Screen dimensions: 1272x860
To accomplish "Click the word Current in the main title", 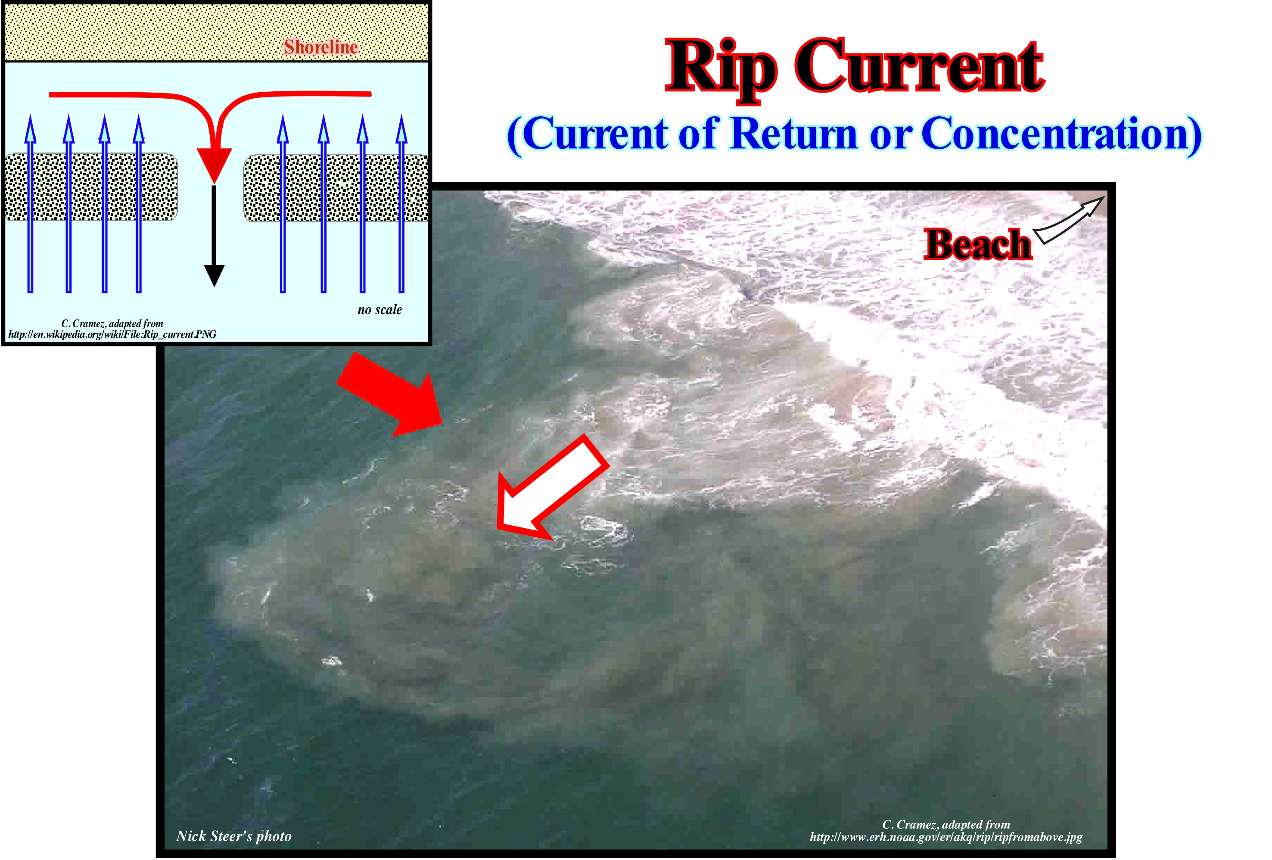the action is point(920,67).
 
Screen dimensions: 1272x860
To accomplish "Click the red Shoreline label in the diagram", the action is point(321,47).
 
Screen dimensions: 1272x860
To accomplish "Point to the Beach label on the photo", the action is point(977,244).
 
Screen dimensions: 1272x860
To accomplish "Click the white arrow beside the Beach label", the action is point(1067,220).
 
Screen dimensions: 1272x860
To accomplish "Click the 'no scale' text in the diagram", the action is point(379,310).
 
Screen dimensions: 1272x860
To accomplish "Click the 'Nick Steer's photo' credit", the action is point(234,836).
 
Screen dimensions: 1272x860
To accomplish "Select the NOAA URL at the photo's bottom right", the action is point(946,837).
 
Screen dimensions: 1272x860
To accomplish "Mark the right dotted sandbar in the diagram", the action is point(336,188).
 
